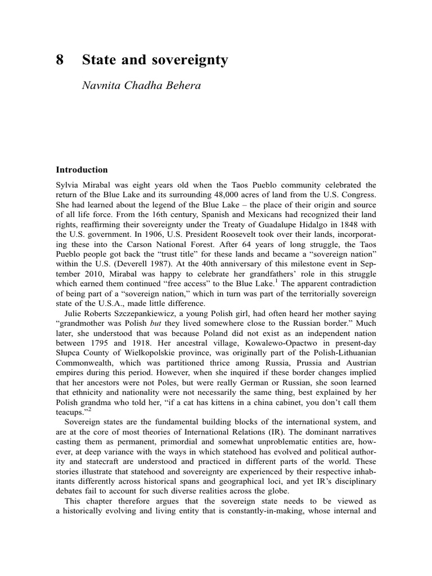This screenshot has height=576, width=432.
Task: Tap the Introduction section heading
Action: coord(81,169)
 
